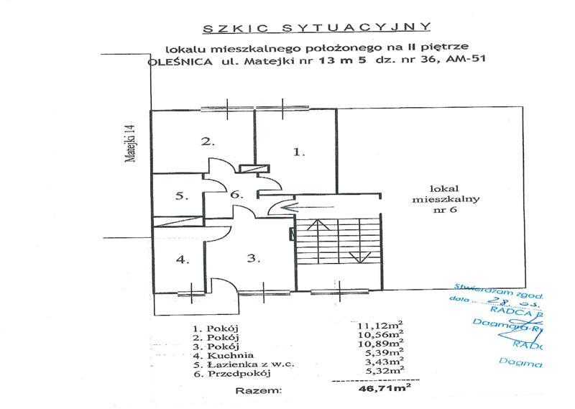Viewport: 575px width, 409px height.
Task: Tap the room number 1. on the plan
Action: pyautogui.click(x=300, y=152)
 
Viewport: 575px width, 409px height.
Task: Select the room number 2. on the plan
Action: pyautogui.click(x=208, y=141)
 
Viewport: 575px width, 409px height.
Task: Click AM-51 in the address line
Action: pyautogui.click(x=468, y=62)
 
